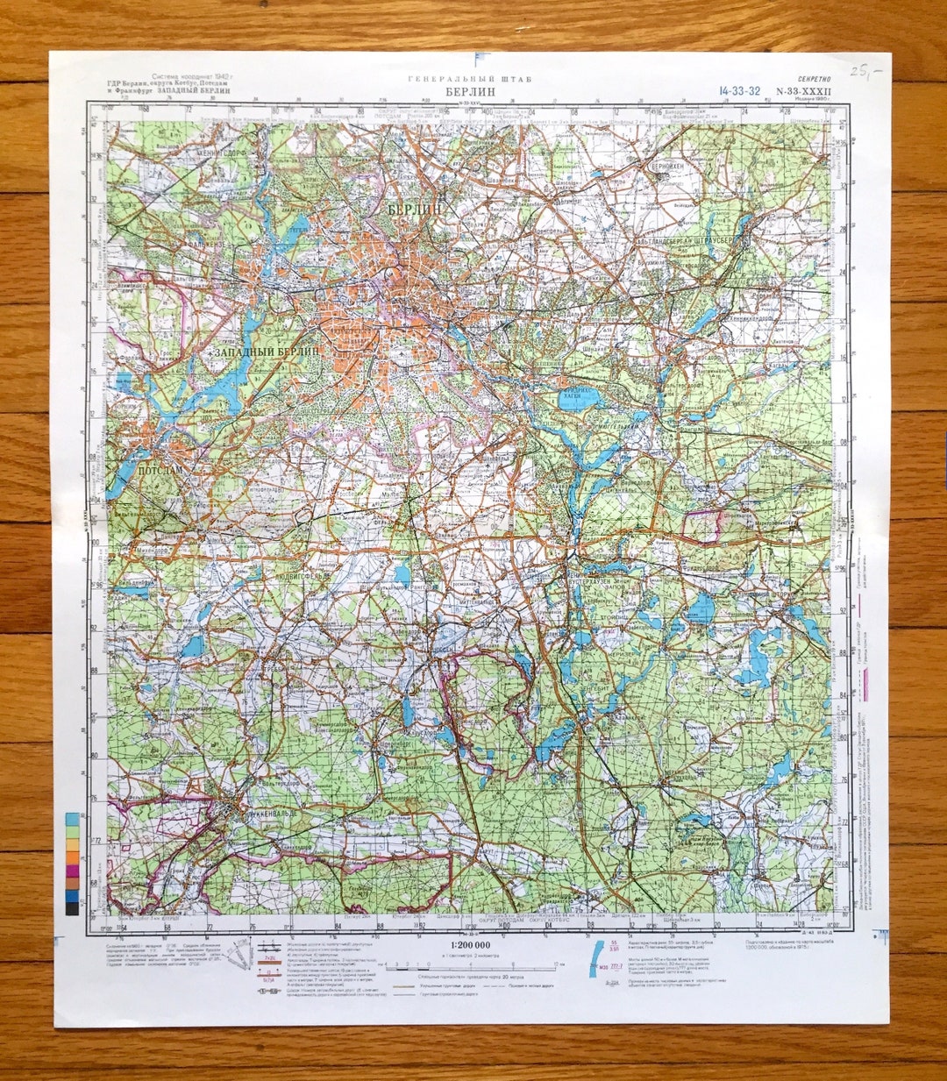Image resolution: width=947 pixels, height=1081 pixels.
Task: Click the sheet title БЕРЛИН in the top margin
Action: click(x=470, y=90)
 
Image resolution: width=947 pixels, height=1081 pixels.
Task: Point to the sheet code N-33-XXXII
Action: click(x=797, y=90)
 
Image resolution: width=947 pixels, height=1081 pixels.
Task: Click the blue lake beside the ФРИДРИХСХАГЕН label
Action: click(x=580, y=400)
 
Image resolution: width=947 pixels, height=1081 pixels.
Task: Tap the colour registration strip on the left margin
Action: click(x=71, y=864)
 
